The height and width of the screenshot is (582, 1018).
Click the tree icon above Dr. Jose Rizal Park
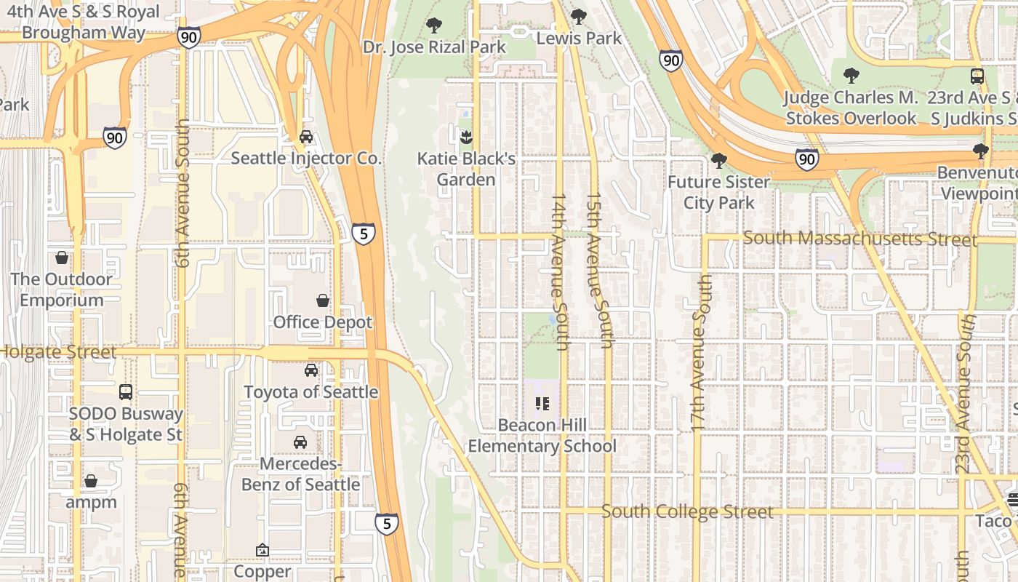click(x=434, y=25)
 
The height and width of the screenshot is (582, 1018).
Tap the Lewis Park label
click(x=579, y=38)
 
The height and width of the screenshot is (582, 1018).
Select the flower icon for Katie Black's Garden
click(x=466, y=136)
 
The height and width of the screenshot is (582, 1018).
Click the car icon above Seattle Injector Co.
click(x=306, y=136)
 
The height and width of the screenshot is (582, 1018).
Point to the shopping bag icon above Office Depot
click(x=322, y=300)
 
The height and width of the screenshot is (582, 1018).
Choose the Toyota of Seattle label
click(x=310, y=392)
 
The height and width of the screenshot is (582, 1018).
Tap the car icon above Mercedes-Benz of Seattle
click(x=300, y=442)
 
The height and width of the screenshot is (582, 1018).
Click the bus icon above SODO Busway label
click(x=126, y=392)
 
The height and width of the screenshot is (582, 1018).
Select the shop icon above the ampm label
click(x=91, y=481)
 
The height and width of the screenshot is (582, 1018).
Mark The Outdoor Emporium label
click(x=62, y=290)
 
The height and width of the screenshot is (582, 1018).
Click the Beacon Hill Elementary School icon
click(x=542, y=403)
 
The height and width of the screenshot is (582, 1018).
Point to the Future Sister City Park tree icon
click(x=718, y=160)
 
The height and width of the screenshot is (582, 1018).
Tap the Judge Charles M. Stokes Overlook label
click(x=851, y=108)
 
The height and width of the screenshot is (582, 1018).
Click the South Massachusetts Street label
click(x=859, y=239)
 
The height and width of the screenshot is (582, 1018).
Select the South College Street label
click(x=687, y=511)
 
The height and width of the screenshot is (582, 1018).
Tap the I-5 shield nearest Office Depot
click(x=364, y=233)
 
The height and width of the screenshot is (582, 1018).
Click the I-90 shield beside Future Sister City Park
click(x=806, y=159)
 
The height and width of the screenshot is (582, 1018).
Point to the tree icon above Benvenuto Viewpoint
click(x=980, y=151)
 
